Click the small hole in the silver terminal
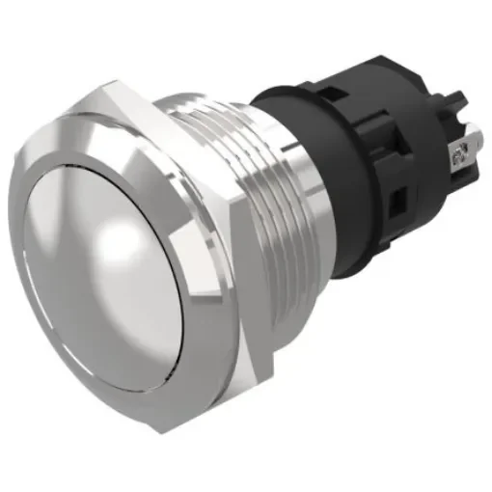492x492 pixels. (462, 150)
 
